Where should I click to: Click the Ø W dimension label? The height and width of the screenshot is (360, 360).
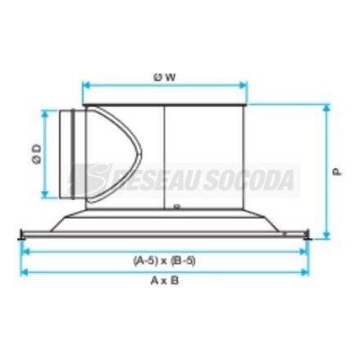165,77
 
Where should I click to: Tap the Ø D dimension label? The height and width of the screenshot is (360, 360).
37,155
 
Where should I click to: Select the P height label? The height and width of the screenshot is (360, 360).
337,172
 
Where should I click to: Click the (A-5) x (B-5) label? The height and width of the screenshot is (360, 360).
165,261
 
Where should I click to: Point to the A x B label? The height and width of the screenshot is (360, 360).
165,281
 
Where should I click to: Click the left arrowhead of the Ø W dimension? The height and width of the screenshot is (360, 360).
86,85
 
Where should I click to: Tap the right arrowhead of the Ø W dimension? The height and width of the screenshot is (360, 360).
243,85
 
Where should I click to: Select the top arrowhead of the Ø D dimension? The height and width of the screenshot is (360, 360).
45,114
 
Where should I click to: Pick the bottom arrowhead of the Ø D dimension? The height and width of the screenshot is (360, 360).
45,194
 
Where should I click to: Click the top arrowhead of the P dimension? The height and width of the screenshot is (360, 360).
326,109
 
